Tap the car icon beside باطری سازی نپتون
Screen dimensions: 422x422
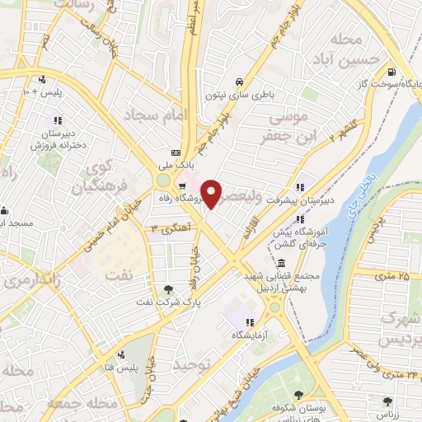coord(238,82)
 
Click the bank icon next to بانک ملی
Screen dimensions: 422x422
coord(175,153)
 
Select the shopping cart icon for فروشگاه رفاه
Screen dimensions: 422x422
coord(182,175)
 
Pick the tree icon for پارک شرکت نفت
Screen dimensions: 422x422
coord(169,288)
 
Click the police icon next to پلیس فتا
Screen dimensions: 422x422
coord(121,355)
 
